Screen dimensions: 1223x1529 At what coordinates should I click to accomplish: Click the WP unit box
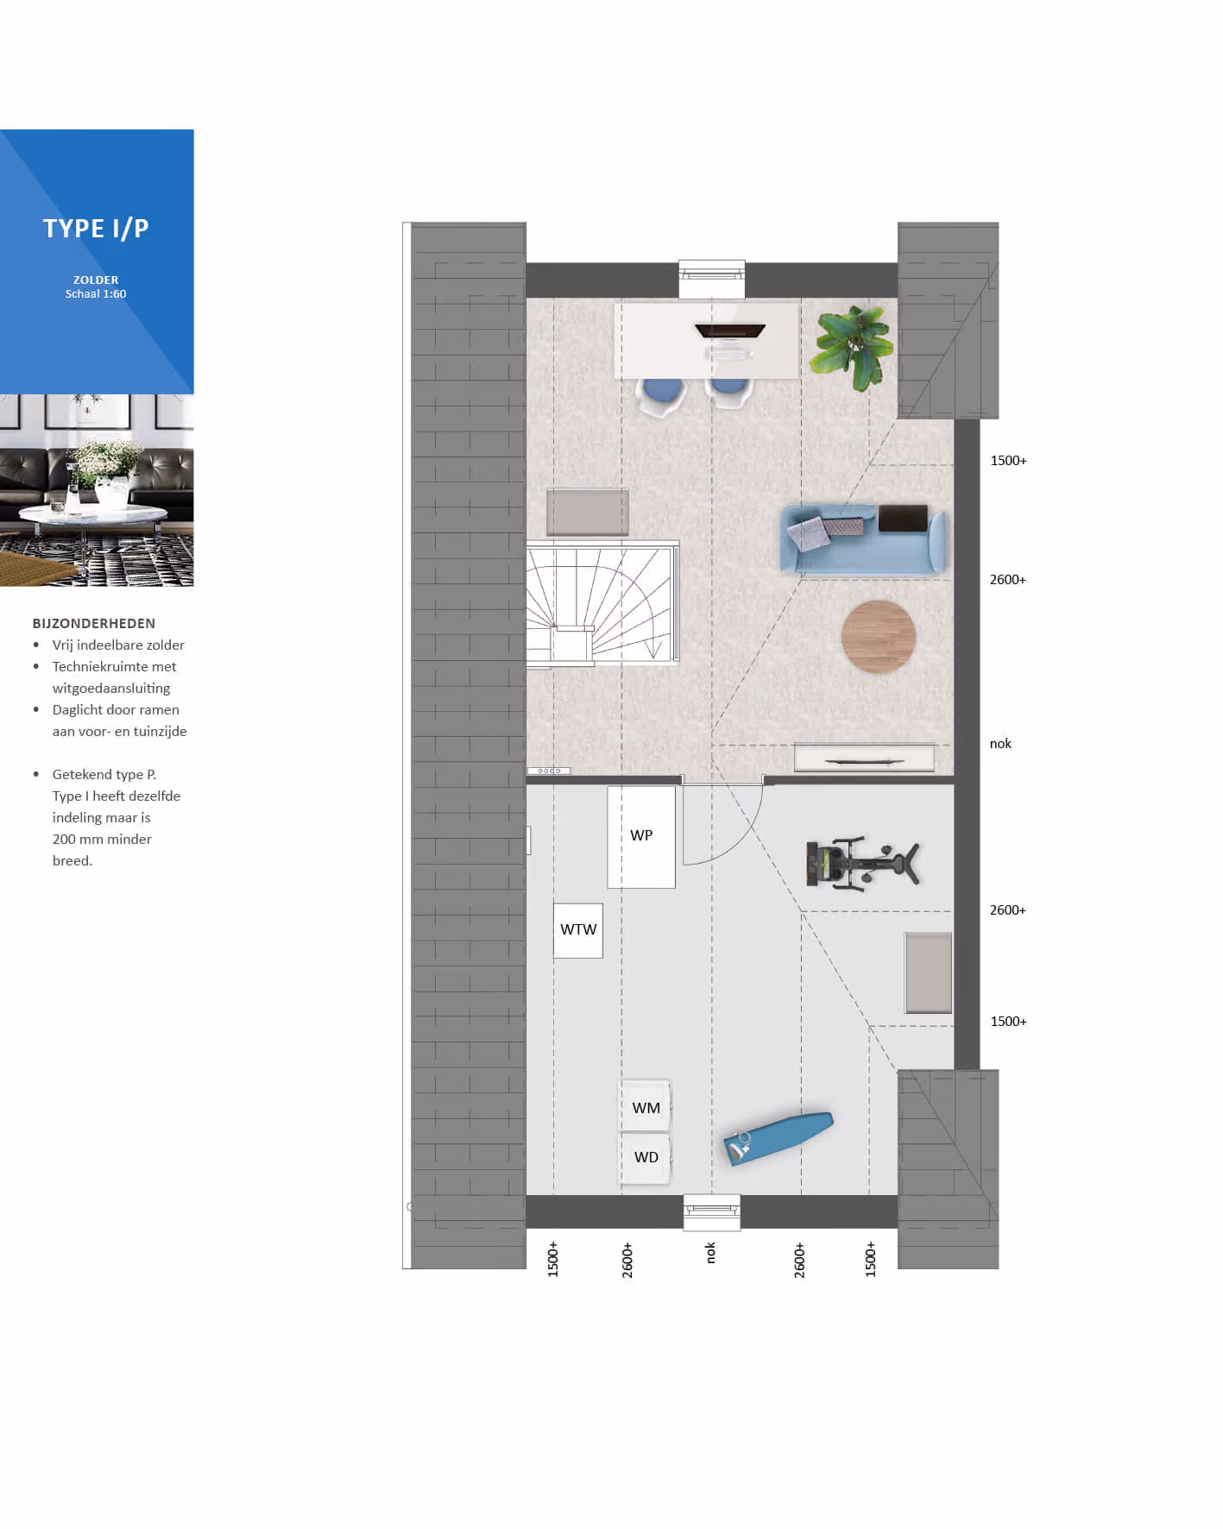point(641,836)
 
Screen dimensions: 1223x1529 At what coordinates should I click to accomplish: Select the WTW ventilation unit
point(578,930)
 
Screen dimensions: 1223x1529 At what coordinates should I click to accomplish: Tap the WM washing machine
point(646,1106)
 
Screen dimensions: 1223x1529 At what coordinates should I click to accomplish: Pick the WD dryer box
point(646,1158)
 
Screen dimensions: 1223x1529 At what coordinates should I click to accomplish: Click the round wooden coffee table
point(879,637)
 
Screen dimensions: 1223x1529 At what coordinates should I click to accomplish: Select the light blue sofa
point(864,540)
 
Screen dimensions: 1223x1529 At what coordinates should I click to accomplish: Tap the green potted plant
point(850,348)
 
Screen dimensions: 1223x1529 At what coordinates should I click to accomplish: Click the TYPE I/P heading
point(96,229)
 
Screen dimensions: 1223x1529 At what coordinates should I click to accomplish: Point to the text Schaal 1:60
point(96,294)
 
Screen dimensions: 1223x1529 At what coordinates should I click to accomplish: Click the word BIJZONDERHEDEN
point(94,624)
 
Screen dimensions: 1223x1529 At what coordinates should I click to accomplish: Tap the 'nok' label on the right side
point(1000,744)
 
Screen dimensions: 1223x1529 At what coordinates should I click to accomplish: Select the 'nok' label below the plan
point(711,1253)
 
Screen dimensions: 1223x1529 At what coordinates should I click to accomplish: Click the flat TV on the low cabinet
point(864,761)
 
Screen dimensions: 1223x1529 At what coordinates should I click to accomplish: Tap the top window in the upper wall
point(712,278)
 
